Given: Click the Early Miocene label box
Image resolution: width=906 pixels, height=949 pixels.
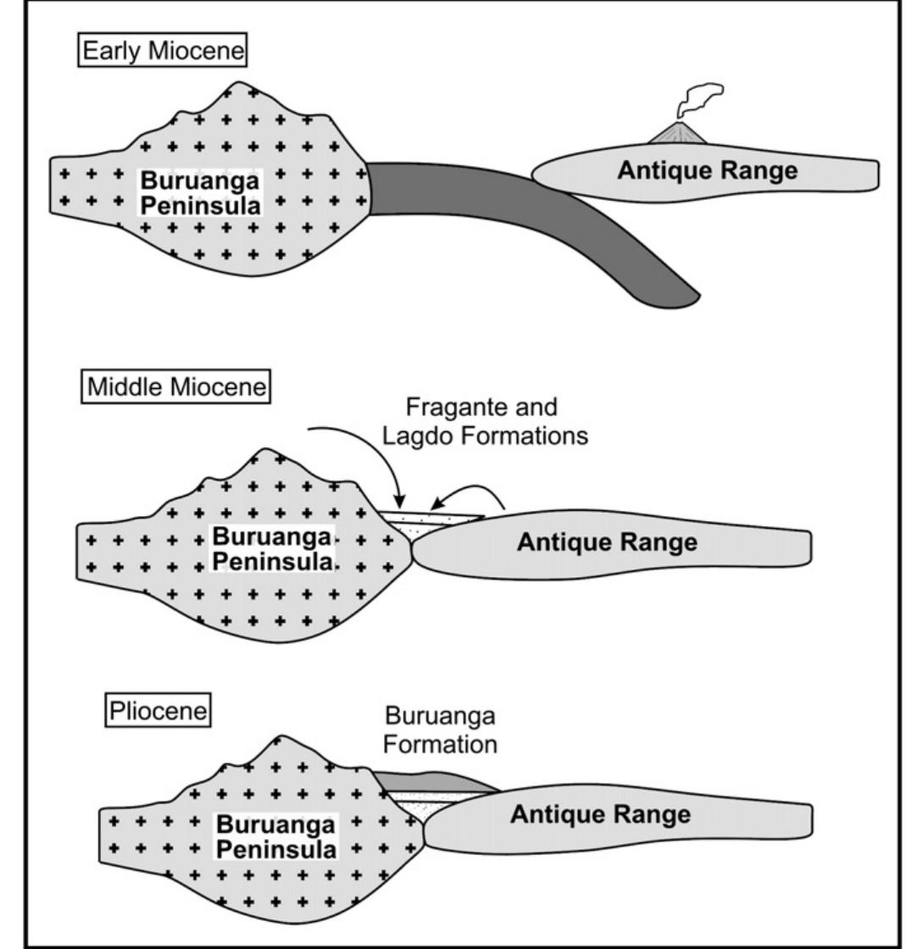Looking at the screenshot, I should pos(164,52).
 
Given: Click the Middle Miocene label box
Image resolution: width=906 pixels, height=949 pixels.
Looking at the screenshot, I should pos(176,388).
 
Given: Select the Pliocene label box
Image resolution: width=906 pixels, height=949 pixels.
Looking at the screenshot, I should pos(158,710).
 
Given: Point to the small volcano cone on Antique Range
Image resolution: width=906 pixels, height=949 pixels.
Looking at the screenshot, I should pos(682,133).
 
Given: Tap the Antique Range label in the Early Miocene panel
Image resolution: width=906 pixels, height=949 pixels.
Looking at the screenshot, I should pos(707,170).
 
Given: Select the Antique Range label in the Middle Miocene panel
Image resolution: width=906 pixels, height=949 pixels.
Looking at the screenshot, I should pos(607,542).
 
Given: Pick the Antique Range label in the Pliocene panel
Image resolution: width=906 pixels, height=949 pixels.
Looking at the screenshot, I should pos(600,815).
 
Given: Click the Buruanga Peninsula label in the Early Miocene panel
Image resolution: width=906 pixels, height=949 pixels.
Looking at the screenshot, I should pos(200,192).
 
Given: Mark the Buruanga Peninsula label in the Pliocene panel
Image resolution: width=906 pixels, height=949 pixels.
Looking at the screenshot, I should pos(275,835).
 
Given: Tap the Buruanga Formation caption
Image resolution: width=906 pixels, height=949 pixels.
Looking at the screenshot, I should pos(439,730).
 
